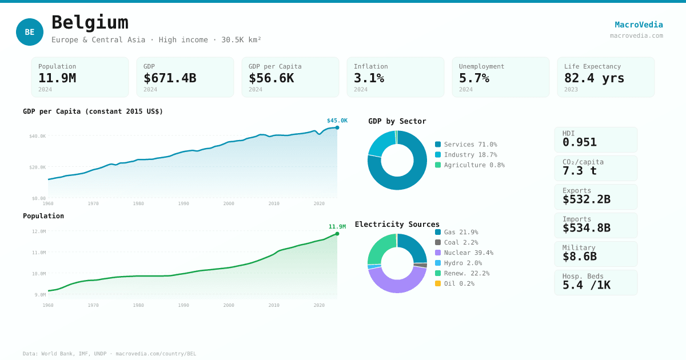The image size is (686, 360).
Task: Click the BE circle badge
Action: [x=30, y=32]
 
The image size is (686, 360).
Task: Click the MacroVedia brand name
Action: [x=639, y=25]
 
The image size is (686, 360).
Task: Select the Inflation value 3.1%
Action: [x=369, y=78]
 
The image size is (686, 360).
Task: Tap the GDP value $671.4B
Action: [x=170, y=78]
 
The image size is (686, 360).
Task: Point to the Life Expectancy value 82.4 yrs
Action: [x=594, y=78]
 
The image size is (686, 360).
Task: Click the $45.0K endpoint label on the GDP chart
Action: [x=337, y=121]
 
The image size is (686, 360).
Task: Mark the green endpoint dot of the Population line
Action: [x=337, y=234]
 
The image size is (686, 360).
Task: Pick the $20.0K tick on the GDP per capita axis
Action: [x=38, y=167]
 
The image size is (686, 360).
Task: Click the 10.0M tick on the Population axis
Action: [x=39, y=274]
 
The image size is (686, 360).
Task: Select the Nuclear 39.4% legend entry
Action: [x=468, y=253]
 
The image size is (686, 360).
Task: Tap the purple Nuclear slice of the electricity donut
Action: [x=397, y=283]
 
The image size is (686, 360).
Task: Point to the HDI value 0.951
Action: [x=579, y=142]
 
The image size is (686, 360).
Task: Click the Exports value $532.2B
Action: [x=586, y=199]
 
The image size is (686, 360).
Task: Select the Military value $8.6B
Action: [x=579, y=257]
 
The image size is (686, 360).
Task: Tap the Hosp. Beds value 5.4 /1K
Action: [x=586, y=285]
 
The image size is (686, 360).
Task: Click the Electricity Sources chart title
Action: [x=397, y=224]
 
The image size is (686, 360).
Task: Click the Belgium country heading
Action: [x=90, y=22]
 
